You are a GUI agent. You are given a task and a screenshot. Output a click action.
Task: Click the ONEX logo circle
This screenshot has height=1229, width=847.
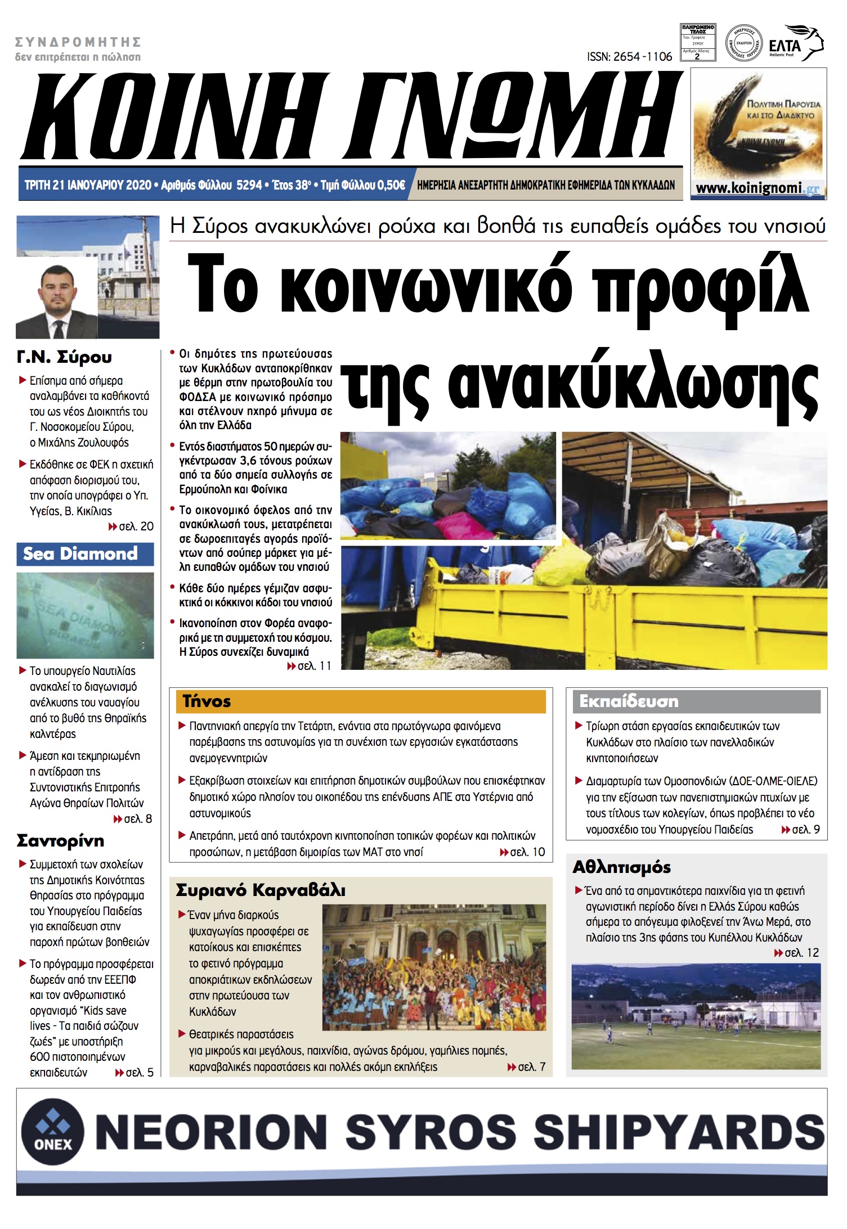click(52, 1132)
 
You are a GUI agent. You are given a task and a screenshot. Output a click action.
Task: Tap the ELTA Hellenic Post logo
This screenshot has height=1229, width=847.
click(795, 43)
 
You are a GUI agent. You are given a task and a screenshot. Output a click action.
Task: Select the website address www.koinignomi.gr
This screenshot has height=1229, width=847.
click(758, 188)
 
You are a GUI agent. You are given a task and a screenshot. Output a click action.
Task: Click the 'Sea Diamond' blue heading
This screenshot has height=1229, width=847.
click(80, 553)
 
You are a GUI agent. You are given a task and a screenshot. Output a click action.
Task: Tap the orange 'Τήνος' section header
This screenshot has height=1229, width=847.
click(207, 701)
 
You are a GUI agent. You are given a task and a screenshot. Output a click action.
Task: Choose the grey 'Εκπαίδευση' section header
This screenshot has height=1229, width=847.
click(629, 701)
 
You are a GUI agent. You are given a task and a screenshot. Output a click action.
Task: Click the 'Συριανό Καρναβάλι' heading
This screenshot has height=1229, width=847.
click(261, 890)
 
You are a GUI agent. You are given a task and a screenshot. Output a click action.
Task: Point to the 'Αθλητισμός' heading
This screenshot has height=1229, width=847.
click(621, 867)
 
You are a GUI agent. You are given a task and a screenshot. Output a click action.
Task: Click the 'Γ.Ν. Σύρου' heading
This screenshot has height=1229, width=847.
click(64, 357)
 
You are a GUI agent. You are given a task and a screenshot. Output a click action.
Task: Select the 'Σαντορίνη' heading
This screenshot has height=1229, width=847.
click(61, 841)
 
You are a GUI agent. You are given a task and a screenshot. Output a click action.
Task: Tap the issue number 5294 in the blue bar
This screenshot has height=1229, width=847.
click(249, 185)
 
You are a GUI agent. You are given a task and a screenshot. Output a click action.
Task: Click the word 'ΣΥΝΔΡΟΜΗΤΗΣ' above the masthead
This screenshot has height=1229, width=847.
click(78, 42)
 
